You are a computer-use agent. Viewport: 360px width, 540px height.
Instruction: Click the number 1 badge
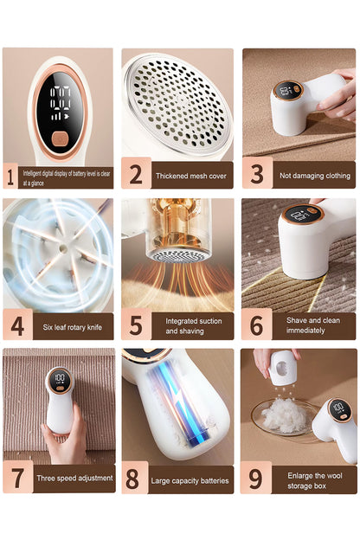coord(10,176)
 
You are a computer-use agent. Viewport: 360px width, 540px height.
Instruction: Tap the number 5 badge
coord(136,325)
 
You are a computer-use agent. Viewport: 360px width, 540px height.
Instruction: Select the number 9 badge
coord(255,478)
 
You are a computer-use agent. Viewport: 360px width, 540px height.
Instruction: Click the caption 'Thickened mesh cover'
coord(191,176)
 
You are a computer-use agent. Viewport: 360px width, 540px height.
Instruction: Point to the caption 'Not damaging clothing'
coord(315,176)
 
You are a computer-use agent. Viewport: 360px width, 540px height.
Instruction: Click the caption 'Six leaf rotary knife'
coord(73,327)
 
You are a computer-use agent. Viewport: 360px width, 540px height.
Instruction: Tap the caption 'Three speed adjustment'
coord(74,478)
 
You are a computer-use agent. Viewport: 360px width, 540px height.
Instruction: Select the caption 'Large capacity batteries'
coord(190,481)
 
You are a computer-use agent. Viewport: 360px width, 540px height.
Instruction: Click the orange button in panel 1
coord(61,138)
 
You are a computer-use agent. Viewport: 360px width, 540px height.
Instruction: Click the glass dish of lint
coord(284,419)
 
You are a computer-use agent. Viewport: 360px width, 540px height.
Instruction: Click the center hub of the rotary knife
coord(63,247)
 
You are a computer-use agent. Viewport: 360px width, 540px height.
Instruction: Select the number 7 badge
coord(18,478)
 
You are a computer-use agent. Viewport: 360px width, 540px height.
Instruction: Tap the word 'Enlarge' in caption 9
coord(301,476)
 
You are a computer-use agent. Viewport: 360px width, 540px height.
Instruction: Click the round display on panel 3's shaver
coord(288,91)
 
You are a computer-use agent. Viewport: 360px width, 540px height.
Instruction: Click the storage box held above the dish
coord(282,368)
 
